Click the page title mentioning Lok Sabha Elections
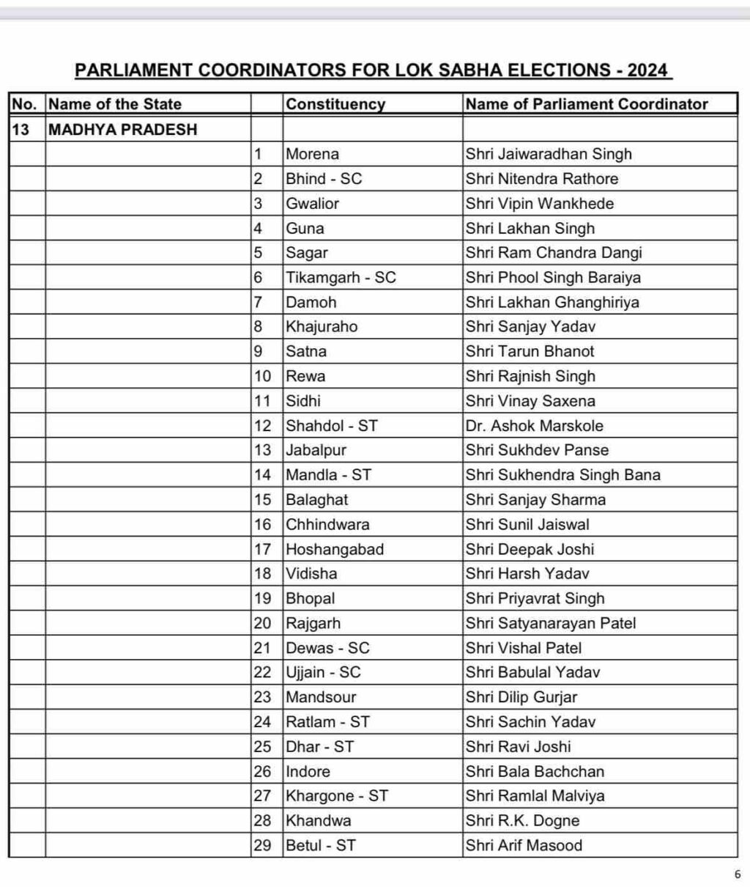pos(372,70)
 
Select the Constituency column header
pos(335,104)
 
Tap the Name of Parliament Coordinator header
pos(587,104)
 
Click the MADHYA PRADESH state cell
pos(122,130)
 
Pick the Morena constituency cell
pos(313,154)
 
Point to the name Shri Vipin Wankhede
pos(540,204)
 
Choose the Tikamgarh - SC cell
pos(341,278)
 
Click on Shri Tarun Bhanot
pos(530,352)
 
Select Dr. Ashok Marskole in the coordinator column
pos(535,426)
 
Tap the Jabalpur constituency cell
pos(316,450)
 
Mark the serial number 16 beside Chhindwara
pos(263,525)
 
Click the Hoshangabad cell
pos(335,550)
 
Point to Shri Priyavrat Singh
pos(535,599)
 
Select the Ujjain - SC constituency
pos(323,673)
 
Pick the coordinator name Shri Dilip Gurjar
pos(521,697)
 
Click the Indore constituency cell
pos(308,771)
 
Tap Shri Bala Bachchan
pos(535,771)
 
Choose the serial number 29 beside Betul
pos(263,845)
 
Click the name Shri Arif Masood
pos(524,845)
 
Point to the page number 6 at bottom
pos(737,874)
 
